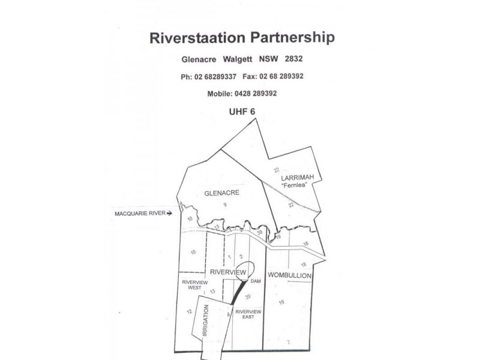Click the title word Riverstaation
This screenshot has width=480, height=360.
pos(197,38)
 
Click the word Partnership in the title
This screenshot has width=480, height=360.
pos(293,38)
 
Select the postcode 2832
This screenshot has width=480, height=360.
pos(293,58)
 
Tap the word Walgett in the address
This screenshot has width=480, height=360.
pos(237,59)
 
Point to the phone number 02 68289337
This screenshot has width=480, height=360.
pos(215,77)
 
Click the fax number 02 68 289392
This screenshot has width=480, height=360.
pos(281,76)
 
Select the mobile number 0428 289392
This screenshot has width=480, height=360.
pos(256,94)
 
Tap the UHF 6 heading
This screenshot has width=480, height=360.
pos(242,112)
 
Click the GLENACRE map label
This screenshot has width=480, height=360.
pos(221,193)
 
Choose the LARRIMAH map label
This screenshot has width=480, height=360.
pos(298,178)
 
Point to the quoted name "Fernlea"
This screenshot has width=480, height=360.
pos(294,185)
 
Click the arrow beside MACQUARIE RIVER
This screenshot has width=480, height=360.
pos(169,214)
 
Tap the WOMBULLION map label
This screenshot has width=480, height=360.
pos(290,275)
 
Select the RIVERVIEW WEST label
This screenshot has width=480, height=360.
pos(194,285)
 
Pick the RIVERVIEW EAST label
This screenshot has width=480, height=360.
pos(248,314)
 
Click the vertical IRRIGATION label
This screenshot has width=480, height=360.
pos(205,320)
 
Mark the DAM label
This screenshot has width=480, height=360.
pos(256,281)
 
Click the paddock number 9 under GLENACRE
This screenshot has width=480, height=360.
pos(225,205)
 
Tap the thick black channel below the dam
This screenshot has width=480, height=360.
pos(239,292)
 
